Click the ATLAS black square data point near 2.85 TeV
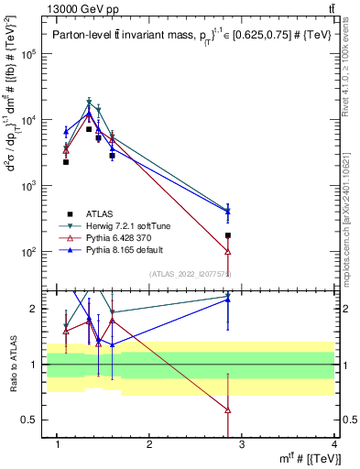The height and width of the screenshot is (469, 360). pos(253,235)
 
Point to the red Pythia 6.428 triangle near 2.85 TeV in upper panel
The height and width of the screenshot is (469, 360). pos(253,251)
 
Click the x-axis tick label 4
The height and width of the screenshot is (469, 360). pos(335,445)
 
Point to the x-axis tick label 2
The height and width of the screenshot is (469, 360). pos(150,445)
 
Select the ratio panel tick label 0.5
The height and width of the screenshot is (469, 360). pos(32,420)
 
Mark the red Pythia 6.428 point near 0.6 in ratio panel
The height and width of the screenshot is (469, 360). pos(253,409)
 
